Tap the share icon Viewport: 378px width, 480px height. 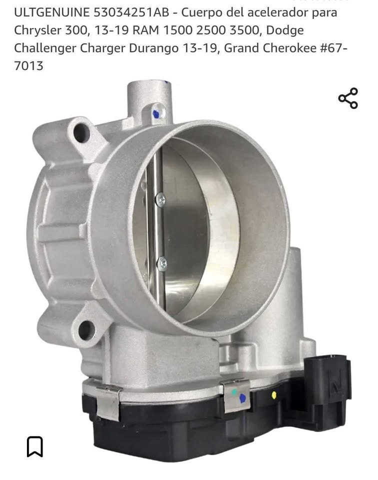point(348,98)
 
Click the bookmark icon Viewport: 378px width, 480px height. point(35,446)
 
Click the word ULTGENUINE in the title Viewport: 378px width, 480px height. point(51,12)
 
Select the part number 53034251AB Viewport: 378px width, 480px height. point(131,12)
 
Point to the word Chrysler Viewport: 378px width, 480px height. point(37,30)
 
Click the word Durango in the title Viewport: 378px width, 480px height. point(153,48)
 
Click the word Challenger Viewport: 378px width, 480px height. point(45,48)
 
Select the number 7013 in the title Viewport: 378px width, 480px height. point(29,66)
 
